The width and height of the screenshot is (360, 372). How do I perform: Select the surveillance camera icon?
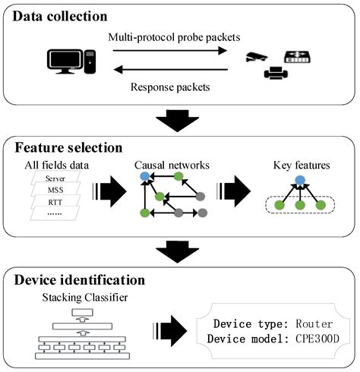pos(257,57)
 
